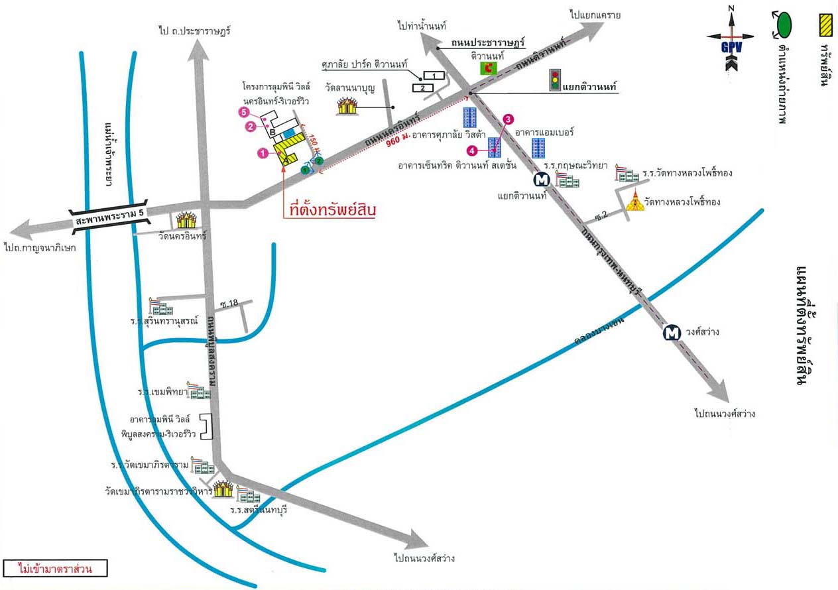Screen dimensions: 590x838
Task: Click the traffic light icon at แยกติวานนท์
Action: (554, 80)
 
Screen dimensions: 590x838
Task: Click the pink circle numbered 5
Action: (243, 112)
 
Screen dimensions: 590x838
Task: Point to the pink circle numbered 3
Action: (508, 119)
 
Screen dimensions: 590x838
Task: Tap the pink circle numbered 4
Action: (471, 150)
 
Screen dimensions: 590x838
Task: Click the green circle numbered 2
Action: (318, 160)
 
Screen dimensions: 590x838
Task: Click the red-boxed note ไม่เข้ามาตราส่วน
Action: (55, 568)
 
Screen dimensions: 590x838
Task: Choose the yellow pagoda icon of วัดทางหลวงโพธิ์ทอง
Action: (635, 202)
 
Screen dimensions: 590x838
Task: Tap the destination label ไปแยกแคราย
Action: (595, 14)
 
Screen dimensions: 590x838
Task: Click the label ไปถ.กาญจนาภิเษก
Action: (40, 247)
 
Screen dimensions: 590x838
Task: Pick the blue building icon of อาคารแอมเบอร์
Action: (538, 147)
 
